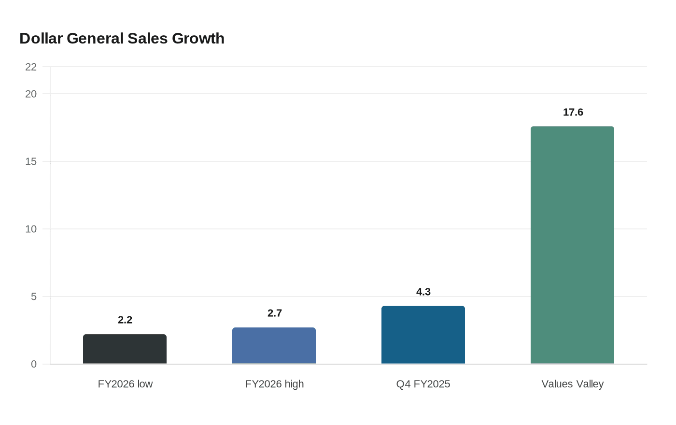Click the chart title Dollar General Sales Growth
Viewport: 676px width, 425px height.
click(122, 39)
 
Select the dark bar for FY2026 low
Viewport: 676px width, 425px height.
click(125, 349)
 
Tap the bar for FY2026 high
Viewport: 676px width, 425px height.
click(274, 346)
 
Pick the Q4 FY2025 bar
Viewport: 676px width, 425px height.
click(423, 335)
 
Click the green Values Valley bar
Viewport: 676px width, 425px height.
click(573, 245)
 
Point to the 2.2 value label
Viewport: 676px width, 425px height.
click(125, 320)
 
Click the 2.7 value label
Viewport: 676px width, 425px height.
click(275, 313)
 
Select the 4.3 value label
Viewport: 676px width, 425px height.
click(423, 292)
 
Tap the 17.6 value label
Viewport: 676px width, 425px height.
click(573, 112)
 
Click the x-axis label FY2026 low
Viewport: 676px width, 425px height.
click(125, 384)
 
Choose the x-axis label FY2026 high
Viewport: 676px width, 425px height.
click(274, 384)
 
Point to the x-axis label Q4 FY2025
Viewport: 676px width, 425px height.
click(423, 384)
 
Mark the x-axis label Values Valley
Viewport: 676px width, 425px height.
click(573, 384)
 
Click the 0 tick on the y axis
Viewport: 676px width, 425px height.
click(34, 364)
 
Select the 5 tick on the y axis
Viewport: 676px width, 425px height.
click(34, 297)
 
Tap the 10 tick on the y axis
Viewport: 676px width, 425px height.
click(31, 229)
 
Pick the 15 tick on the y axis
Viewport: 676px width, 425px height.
click(31, 161)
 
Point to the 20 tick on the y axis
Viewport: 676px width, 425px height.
click(31, 94)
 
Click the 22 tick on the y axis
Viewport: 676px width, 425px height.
click(31, 67)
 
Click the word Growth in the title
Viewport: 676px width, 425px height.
click(198, 39)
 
